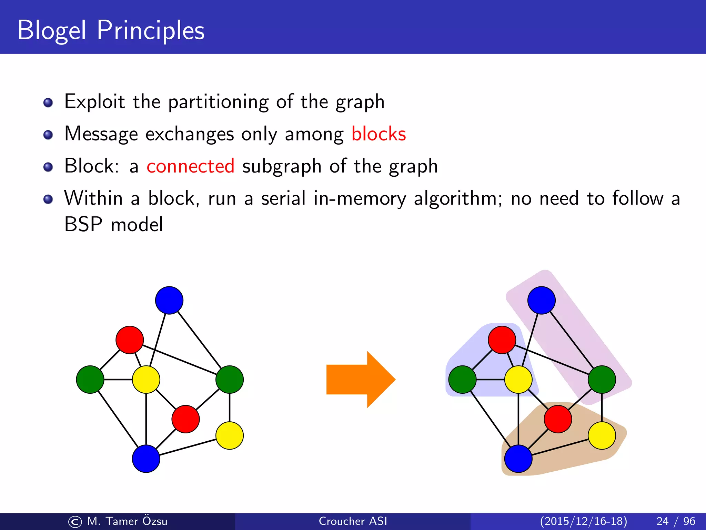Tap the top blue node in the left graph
point(169,300)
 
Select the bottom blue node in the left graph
point(146,459)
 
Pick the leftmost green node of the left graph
point(90,380)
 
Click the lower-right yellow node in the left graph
point(230,435)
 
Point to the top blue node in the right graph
point(541,300)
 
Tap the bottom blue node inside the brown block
point(518,459)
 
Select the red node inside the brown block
point(558,419)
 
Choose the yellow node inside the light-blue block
point(518,380)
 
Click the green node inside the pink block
point(602,380)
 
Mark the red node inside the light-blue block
point(502,340)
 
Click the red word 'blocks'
point(379,134)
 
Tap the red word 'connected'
point(190,166)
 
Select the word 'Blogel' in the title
point(52,30)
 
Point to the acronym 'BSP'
point(83,224)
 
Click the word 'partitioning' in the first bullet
point(218,102)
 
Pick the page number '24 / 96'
point(676,521)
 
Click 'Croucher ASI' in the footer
point(353,521)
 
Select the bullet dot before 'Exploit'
point(48,102)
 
